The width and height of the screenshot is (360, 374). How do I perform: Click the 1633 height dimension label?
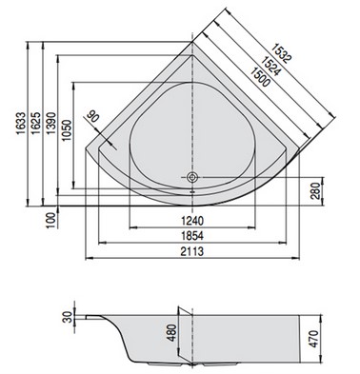(21, 124)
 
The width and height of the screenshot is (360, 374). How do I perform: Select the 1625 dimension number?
(36, 123)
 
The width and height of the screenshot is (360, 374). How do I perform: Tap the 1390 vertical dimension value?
(50, 123)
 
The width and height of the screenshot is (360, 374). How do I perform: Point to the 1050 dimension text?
(67, 130)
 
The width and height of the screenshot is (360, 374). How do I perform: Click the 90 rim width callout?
(92, 116)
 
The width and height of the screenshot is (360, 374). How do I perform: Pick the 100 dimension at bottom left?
(50, 221)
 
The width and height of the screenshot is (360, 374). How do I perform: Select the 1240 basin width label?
(192, 221)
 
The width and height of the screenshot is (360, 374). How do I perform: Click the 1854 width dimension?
(192, 236)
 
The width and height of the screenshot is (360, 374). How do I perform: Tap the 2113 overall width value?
(192, 251)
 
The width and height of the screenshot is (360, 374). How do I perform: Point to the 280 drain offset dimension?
(314, 191)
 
